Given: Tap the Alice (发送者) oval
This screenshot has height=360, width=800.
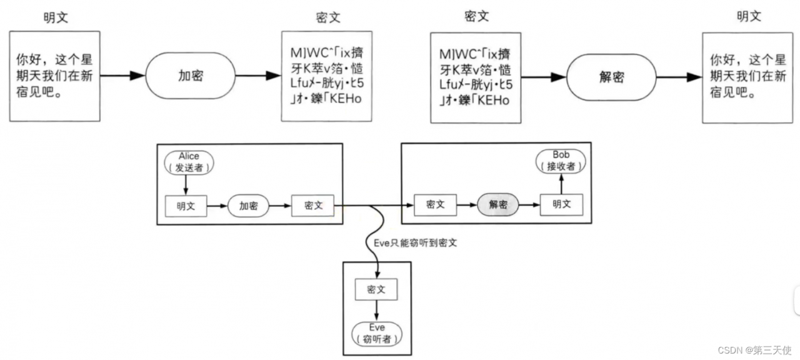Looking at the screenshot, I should pos(189,162).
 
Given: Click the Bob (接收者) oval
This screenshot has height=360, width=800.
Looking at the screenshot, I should pos(561,162).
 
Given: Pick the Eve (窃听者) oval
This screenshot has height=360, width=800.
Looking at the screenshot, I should pos(377,334).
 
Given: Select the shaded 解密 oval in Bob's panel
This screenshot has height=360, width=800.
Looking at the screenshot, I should pos(497,205).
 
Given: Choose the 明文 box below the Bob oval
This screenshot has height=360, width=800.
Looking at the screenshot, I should pos(561,205).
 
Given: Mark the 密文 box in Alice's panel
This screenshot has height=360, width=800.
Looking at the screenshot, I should pos(313,205).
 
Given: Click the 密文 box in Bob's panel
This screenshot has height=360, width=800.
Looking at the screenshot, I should pos(436,205).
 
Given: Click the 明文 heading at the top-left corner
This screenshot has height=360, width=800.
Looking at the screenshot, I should pos(56,17).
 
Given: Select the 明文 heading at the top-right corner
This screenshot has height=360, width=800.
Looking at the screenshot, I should pos(749,17).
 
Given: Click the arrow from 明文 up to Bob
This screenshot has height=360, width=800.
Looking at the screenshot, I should pos(561,184).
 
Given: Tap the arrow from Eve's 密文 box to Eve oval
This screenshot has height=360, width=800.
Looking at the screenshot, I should pos(377,310).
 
